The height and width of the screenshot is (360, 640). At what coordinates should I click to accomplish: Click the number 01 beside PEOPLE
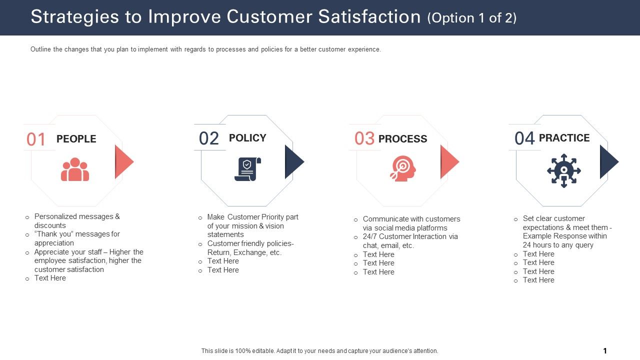coord(36,139)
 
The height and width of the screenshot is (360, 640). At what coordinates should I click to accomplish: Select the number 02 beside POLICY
coord(209,138)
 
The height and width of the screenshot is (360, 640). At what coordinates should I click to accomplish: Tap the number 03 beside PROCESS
coord(364,138)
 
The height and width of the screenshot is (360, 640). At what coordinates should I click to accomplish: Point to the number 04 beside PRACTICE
coord(524,138)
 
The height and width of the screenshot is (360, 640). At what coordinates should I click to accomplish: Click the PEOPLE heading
coord(76,139)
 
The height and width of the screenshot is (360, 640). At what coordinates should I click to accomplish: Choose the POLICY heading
coord(247,138)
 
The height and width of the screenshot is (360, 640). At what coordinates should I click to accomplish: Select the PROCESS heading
coord(402,139)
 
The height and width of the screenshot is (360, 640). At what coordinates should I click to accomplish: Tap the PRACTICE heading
coord(564,138)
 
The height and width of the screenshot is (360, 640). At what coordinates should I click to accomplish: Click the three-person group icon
coord(75,170)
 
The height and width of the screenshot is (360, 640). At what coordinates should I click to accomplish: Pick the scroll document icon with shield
coord(247,169)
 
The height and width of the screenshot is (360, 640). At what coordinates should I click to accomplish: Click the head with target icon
coord(402,169)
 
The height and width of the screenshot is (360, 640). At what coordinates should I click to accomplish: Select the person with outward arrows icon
coord(563,170)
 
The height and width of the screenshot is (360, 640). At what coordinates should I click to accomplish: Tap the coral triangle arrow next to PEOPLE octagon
coord(123,161)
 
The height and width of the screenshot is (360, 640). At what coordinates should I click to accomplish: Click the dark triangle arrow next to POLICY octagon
coord(293,161)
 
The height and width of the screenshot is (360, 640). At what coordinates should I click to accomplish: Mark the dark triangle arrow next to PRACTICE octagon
coord(608,161)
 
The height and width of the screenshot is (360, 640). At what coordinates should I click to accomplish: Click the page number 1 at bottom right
coord(605,351)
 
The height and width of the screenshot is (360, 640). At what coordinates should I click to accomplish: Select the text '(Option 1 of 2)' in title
coord(471,18)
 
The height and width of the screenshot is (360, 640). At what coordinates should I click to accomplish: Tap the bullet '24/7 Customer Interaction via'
coord(410,236)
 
